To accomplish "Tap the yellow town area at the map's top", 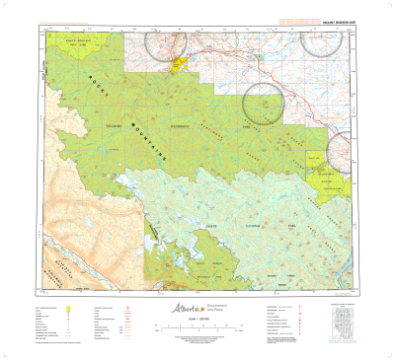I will [181, 65].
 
